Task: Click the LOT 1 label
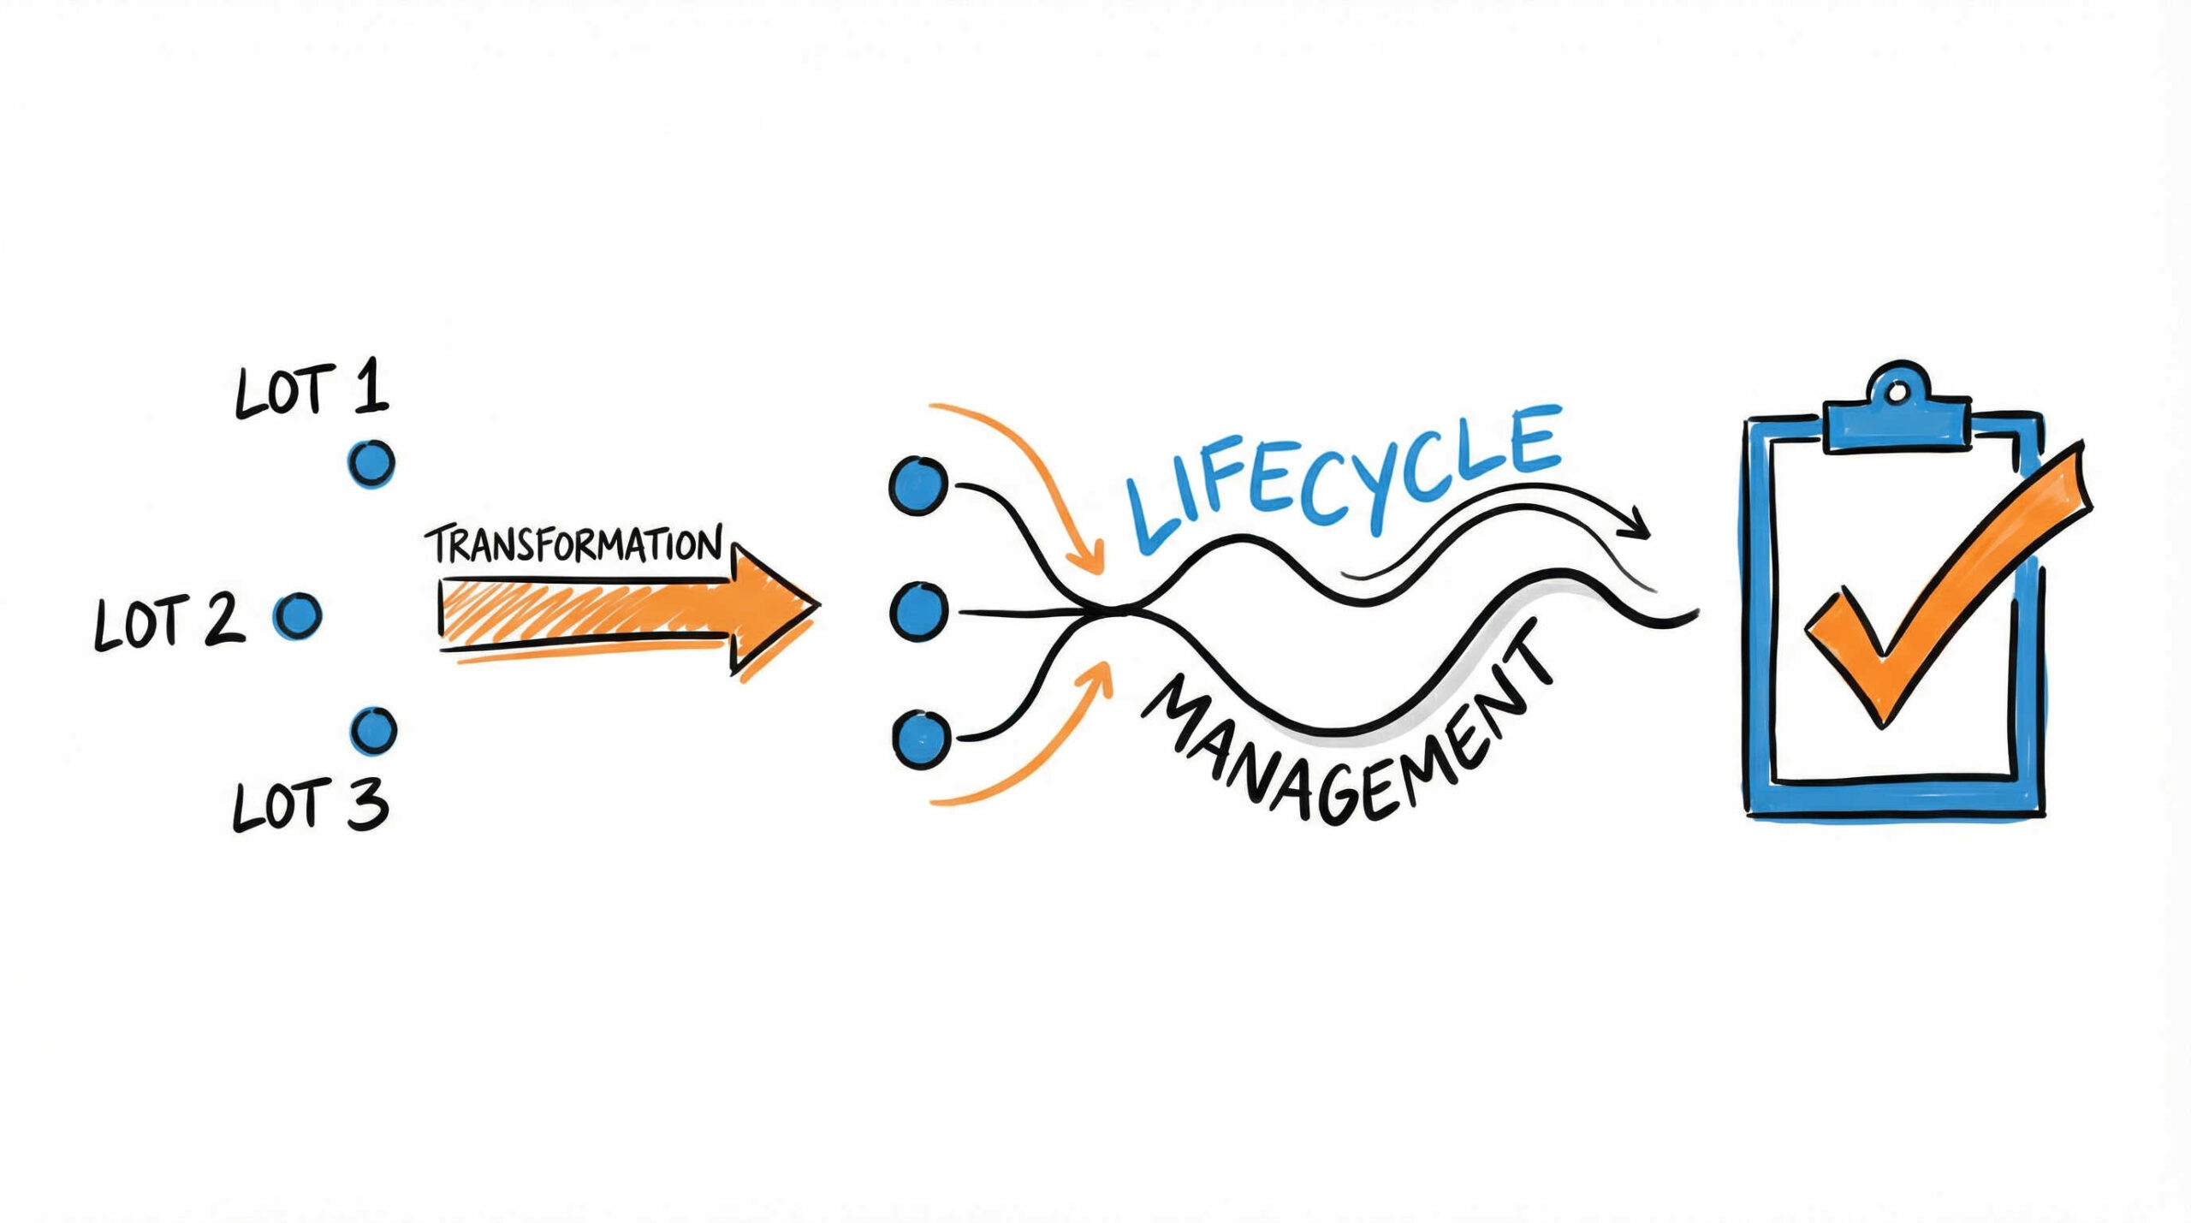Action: click(312, 392)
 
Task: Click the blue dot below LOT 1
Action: click(372, 464)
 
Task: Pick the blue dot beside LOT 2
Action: click(297, 615)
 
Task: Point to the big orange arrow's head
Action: click(775, 609)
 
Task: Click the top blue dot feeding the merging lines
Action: click(918, 485)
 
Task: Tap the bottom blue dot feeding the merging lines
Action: click(920, 738)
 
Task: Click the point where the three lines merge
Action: click(1113, 609)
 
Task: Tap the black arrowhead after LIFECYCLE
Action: click(1639, 524)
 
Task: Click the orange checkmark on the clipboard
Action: click(1943, 591)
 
